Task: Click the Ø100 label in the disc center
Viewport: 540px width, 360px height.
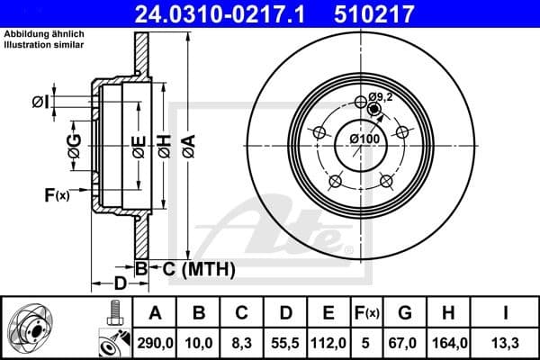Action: tap(364, 139)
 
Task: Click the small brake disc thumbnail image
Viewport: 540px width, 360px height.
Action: tap(34, 329)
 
